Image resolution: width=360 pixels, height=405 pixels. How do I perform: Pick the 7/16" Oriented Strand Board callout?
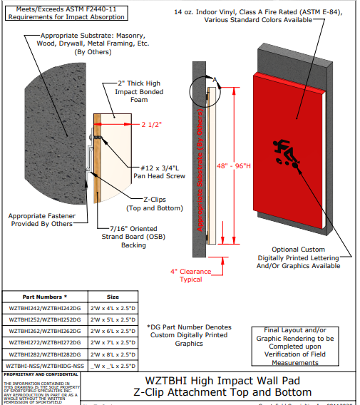(138, 236)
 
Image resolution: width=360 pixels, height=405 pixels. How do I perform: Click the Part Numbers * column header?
(46, 296)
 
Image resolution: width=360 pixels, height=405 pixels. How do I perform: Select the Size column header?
(113, 296)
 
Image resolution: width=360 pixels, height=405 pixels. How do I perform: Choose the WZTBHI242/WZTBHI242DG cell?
(46, 308)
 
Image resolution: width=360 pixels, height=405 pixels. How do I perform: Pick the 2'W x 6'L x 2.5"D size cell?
(113, 332)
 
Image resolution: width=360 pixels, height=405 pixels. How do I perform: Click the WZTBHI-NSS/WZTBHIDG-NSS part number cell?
(46, 366)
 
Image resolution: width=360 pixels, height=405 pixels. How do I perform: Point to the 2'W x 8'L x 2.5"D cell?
(113, 354)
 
